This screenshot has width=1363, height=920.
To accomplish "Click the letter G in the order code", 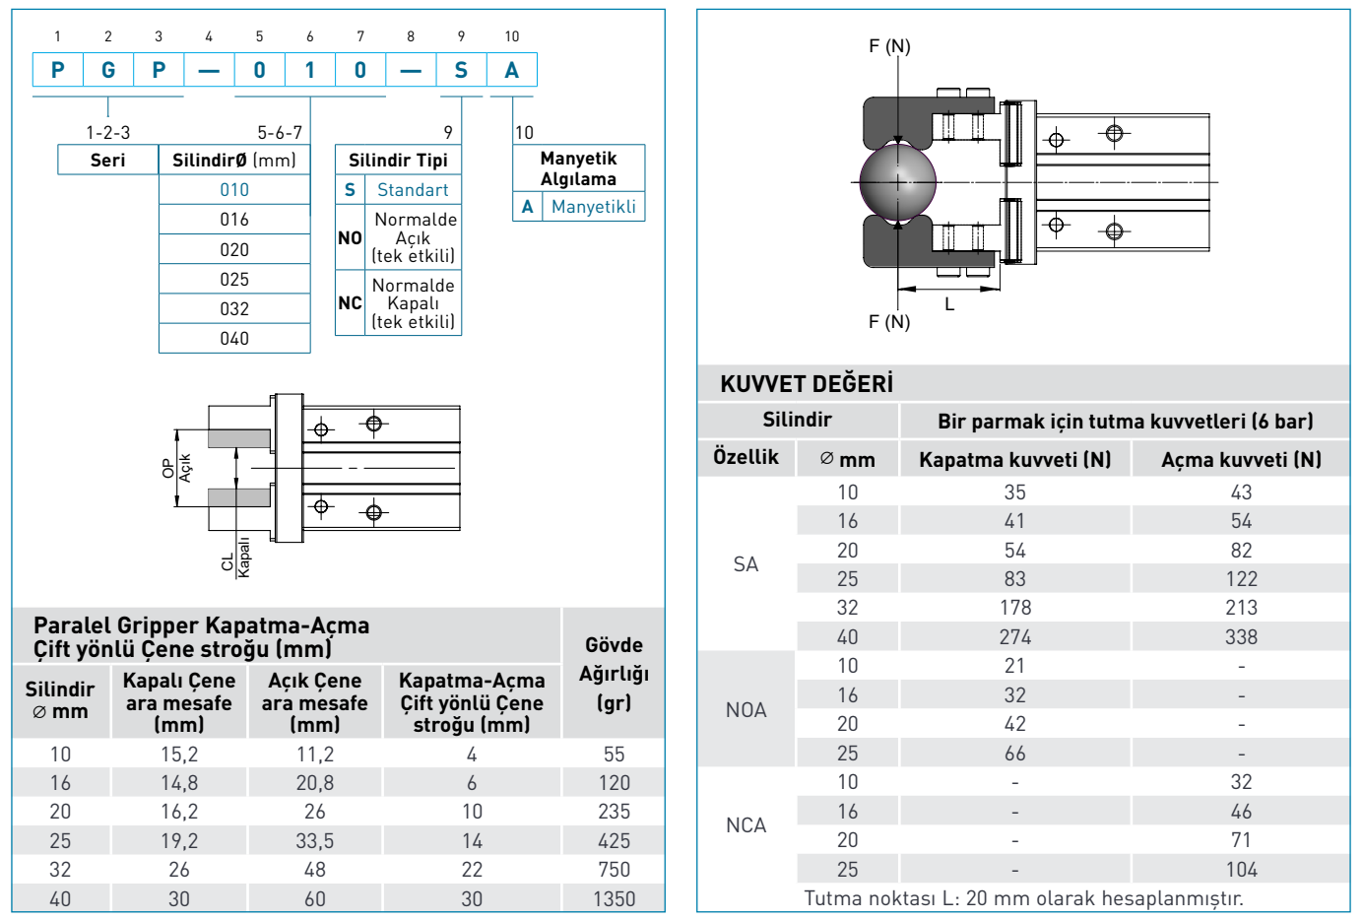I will click(x=108, y=70).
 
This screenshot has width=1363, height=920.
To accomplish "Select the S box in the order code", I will click(x=461, y=70).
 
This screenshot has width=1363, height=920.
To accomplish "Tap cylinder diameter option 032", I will click(x=234, y=308).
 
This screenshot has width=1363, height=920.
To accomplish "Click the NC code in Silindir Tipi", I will click(x=350, y=303).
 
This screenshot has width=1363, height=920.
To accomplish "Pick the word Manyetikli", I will click(x=593, y=207).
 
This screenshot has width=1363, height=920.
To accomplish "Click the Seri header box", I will click(x=108, y=160).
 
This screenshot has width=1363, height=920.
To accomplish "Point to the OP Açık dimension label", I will click(x=176, y=467).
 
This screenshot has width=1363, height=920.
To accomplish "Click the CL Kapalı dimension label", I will click(x=236, y=558).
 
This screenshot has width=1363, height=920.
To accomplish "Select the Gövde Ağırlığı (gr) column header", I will click(x=614, y=674).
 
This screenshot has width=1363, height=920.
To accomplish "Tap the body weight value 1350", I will click(x=614, y=898).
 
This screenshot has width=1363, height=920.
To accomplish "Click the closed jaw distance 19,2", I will click(x=179, y=840).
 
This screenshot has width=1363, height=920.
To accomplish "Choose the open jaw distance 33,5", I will click(x=315, y=840).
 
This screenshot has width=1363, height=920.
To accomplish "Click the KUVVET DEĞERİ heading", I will click(x=807, y=384).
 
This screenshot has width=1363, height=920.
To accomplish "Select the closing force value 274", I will click(x=1014, y=637).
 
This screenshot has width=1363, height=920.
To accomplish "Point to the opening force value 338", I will click(x=1241, y=637).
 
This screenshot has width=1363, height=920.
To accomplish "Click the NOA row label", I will click(x=746, y=710).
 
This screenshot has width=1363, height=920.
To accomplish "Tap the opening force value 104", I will click(x=1241, y=870).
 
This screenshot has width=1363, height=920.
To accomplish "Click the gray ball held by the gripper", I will click(x=897, y=181).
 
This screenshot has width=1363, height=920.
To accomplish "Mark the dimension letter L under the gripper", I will click(x=949, y=304).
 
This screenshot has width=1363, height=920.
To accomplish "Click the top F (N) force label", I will click(x=889, y=46).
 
